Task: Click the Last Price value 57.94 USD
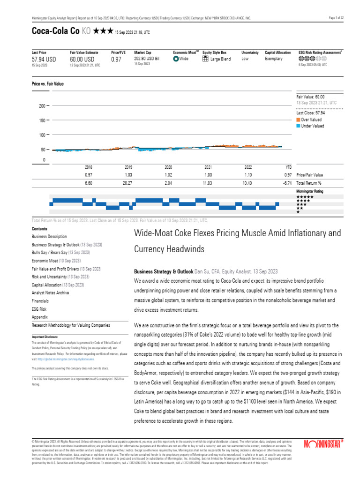pos(44,60)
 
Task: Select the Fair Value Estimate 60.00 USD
pos(82,60)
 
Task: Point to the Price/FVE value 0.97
pos(116,60)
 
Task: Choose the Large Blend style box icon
pos(205,59)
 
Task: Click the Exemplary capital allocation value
pos(274,59)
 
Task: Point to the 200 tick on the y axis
pos(42,106)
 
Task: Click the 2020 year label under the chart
pos(168,167)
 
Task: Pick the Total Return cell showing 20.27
pos(128,183)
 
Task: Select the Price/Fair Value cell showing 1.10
pos(248,175)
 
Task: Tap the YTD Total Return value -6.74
pos(288,183)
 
